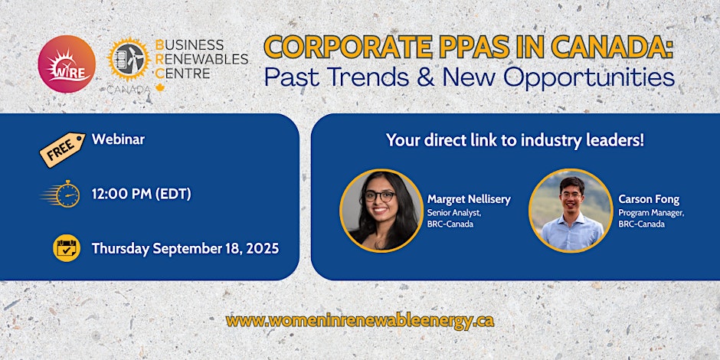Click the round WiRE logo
point(67,64)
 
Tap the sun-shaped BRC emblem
point(129,59)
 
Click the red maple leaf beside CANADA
point(160,88)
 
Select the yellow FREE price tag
point(62,149)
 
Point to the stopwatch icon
point(61,194)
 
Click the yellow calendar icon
point(67,248)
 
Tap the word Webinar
point(118,139)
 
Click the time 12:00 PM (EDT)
point(142,195)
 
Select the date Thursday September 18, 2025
point(185,249)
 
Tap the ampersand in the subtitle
point(425,78)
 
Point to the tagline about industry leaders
point(515,140)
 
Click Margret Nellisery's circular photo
point(381,211)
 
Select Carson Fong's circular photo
point(571,211)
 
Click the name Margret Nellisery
point(469,199)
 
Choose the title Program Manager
point(651,213)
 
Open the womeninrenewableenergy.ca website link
point(360,320)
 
